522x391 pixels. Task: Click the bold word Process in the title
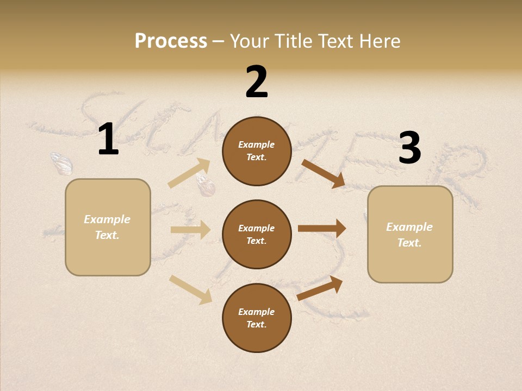pyautogui.click(x=171, y=41)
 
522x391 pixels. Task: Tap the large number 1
pyautogui.click(x=108, y=139)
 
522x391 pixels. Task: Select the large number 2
pyautogui.click(x=257, y=81)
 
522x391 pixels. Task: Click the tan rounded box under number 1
pyautogui.click(x=108, y=227)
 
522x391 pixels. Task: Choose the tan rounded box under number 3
pyautogui.click(x=410, y=235)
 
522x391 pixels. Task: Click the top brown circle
pyautogui.click(x=257, y=151)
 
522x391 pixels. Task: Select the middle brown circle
pyautogui.click(x=257, y=234)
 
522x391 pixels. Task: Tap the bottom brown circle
pyautogui.click(x=257, y=318)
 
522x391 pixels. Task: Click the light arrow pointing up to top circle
pyautogui.click(x=189, y=173)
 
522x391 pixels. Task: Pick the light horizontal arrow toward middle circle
pyautogui.click(x=190, y=230)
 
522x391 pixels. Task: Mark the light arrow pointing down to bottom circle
pyautogui.click(x=190, y=289)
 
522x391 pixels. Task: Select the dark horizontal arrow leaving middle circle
pyautogui.click(x=322, y=229)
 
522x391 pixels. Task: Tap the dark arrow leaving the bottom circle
pyautogui.click(x=320, y=288)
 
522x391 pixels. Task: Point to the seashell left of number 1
pyautogui.click(x=61, y=162)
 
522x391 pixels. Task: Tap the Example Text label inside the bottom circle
pyautogui.click(x=257, y=318)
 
